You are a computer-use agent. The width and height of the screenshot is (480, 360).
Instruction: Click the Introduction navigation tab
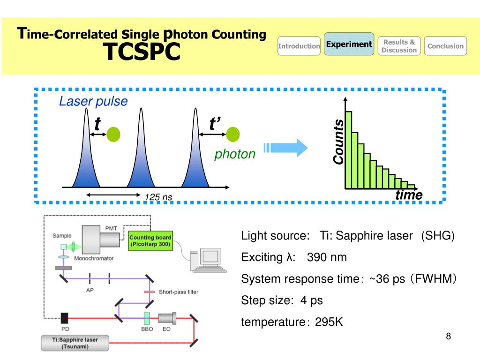click(x=299, y=46)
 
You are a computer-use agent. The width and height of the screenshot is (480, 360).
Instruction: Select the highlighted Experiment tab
click(x=349, y=44)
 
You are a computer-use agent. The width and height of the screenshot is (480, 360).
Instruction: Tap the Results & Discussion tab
click(x=399, y=46)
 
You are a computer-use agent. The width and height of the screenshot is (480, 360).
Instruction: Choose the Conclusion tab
click(x=445, y=46)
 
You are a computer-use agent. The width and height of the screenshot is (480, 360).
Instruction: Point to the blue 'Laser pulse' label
click(x=93, y=101)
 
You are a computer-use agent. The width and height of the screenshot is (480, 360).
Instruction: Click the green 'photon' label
click(x=235, y=154)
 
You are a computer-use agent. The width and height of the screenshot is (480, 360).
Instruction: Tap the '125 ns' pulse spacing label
click(x=158, y=197)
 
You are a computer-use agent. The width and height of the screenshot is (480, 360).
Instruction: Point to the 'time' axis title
click(x=409, y=195)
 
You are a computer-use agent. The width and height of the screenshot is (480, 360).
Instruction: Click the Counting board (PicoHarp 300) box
click(x=150, y=240)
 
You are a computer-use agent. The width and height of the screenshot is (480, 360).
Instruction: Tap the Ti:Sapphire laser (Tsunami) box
click(x=75, y=343)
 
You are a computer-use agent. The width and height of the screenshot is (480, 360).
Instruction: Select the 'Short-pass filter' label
click(x=178, y=292)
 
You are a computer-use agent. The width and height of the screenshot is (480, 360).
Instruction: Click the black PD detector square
click(x=65, y=318)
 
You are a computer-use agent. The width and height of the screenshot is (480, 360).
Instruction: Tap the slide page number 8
click(x=448, y=336)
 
